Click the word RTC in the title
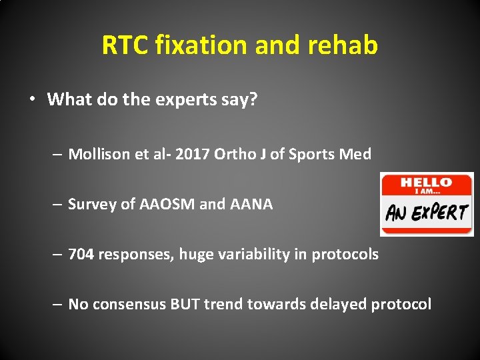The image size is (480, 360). click(125, 45)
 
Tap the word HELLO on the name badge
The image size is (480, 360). click(427, 182)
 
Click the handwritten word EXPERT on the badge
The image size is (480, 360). click(441, 213)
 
